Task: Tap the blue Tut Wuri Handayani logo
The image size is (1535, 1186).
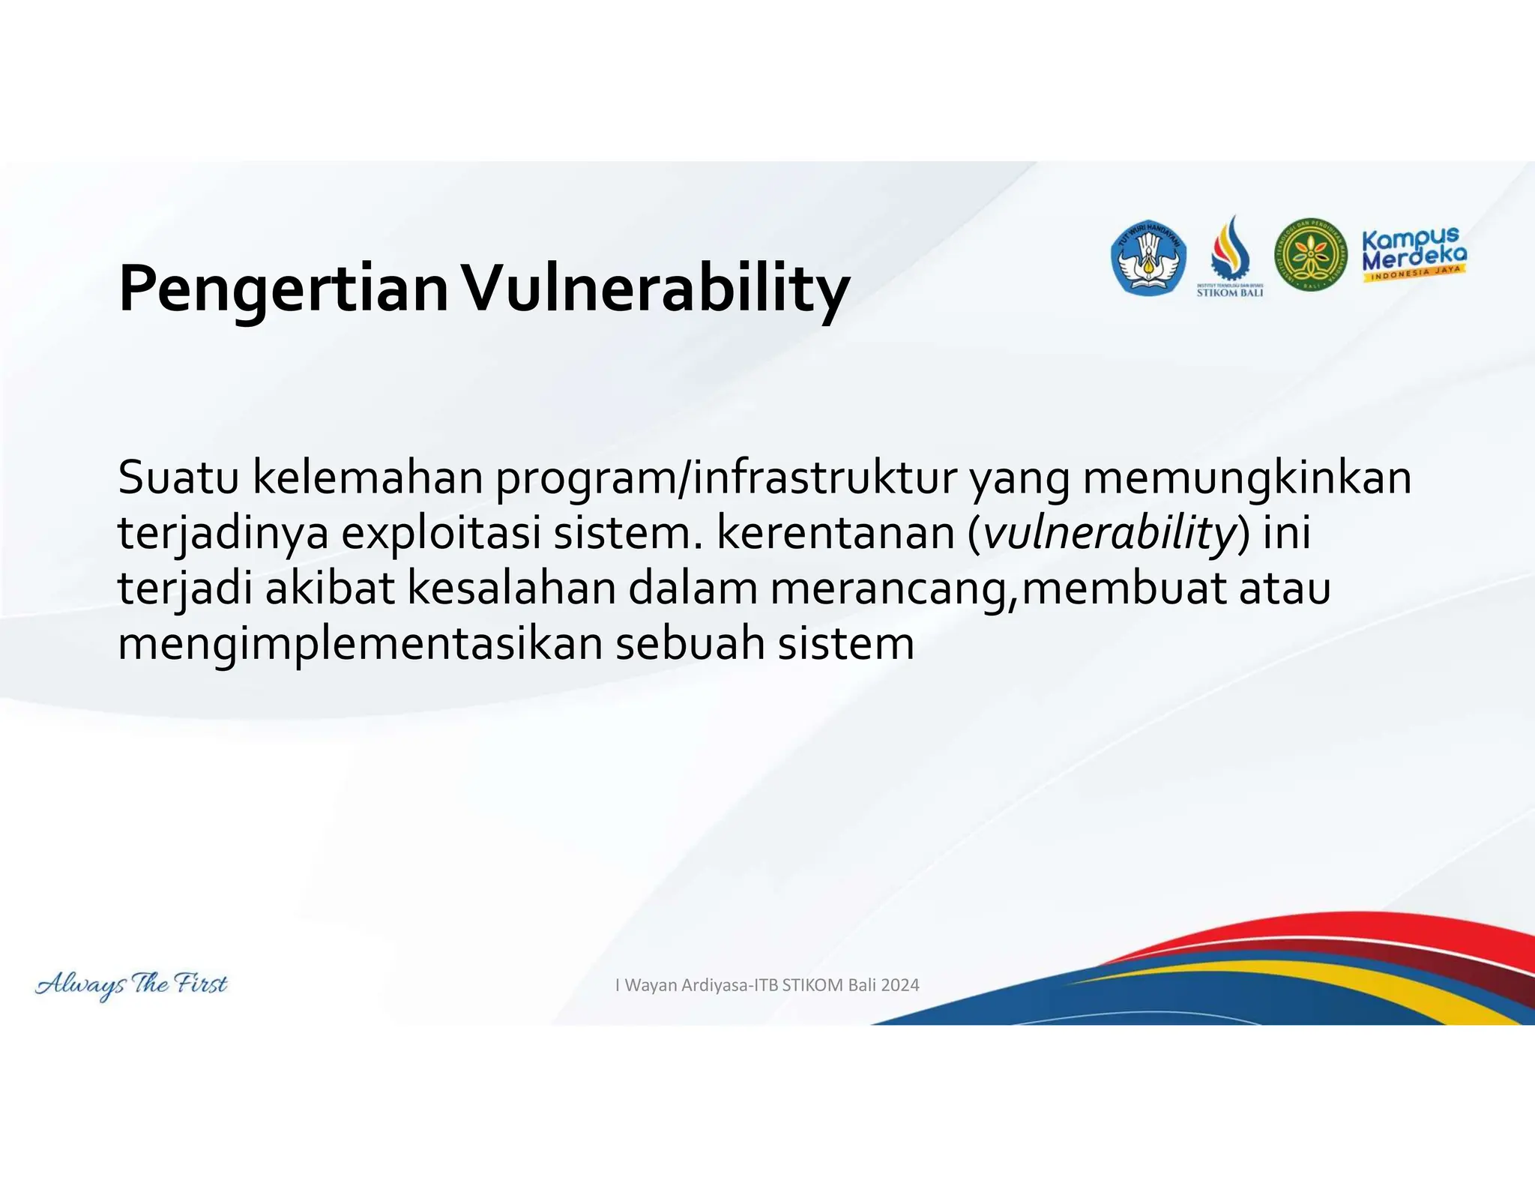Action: click(x=1148, y=257)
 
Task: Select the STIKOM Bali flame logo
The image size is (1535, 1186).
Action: click(x=1229, y=255)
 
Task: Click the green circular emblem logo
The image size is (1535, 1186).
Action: click(x=1311, y=256)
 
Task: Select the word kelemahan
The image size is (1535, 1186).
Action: click(x=368, y=477)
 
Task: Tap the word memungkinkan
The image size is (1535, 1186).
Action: click(x=1246, y=477)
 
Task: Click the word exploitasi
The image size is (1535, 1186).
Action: click(x=441, y=532)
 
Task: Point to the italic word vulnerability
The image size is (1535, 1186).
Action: click(x=1109, y=532)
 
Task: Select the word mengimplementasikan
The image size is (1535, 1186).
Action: click(x=360, y=643)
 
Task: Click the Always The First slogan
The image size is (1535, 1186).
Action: click(x=132, y=984)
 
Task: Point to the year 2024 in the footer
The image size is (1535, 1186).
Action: click(x=899, y=985)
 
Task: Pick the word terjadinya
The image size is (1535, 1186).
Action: click(x=223, y=532)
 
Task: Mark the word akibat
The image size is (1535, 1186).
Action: click(x=330, y=588)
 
